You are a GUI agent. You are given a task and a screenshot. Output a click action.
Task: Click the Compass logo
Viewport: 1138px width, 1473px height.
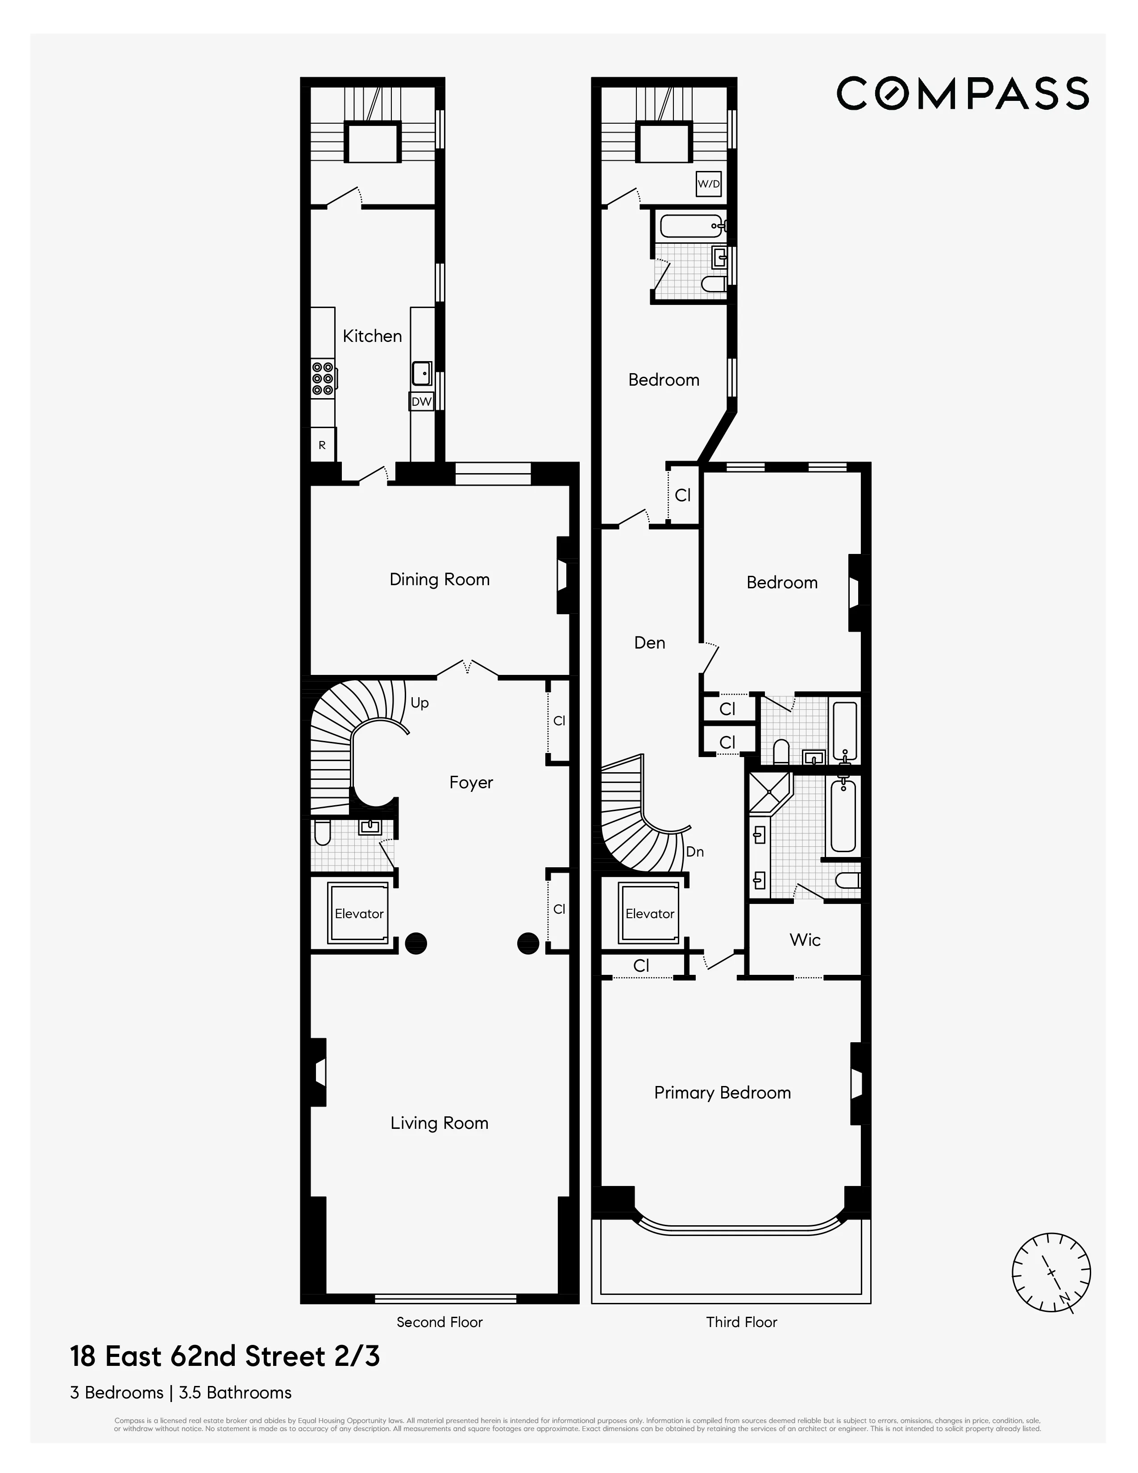coord(962,93)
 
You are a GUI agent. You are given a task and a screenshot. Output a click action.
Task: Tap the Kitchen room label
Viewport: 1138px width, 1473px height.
coord(372,336)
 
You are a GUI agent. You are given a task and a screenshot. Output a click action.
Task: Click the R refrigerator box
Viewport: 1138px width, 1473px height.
coord(322,445)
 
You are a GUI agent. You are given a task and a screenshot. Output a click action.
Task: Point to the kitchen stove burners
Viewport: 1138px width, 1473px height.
coord(323,379)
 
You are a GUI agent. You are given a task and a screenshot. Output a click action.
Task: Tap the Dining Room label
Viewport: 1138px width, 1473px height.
coord(440,579)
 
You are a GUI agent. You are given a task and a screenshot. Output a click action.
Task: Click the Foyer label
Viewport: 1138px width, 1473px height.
coord(471,782)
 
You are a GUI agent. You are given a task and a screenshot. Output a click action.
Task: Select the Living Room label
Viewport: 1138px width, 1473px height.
coord(440,1123)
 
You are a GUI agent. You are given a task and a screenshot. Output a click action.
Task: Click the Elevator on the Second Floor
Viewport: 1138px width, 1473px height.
coord(359,913)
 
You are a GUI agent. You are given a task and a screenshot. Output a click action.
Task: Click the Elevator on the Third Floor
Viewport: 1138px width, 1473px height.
coord(650,913)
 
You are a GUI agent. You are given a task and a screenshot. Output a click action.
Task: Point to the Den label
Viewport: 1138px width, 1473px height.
coord(650,643)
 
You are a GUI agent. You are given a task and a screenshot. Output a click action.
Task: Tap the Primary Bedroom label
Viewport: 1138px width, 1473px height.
coord(722,1093)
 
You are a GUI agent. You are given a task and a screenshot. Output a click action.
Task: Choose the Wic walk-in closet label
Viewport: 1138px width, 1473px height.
coord(805,940)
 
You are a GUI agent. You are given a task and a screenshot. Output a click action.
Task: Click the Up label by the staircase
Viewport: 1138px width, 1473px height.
coord(419,703)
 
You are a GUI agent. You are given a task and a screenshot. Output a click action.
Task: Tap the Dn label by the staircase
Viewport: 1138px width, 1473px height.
coord(694,852)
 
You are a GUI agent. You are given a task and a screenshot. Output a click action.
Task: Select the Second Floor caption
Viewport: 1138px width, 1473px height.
coord(440,1322)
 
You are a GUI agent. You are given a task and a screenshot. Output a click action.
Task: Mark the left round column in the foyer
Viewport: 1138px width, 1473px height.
coord(416,943)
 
